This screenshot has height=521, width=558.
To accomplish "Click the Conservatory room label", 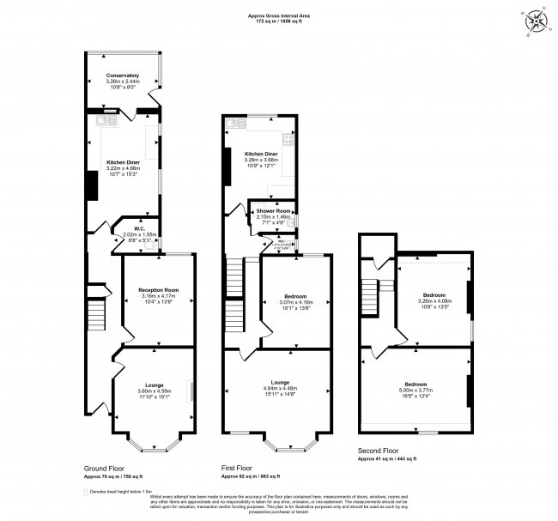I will pyautogui.click(x=123, y=76).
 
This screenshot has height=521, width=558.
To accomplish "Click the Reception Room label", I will pyautogui.click(x=157, y=289).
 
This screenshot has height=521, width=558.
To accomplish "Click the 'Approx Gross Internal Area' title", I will pyautogui.click(x=278, y=15).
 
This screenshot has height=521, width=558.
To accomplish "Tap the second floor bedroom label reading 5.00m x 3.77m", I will pyautogui.click(x=416, y=390).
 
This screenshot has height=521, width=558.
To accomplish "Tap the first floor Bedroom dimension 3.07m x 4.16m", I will pyautogui.click(x=296, y=302).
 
